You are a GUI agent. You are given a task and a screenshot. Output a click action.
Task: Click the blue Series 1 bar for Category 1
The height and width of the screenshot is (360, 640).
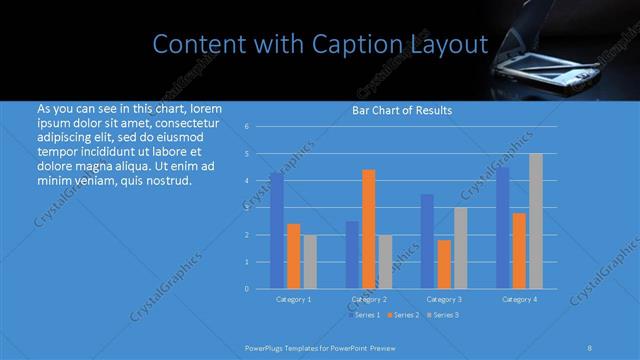(x=276, y=230)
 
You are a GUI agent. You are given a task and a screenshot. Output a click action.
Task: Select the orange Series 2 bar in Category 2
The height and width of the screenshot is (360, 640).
(x=369, y=229)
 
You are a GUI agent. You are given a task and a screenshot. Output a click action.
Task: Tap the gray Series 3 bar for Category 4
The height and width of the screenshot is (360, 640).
(x=536, y=221)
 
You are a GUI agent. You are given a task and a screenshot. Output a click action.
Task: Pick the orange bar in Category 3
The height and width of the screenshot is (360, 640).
(x=445, y=264)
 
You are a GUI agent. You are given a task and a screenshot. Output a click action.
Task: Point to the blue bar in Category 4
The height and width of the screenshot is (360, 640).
(x=503, y=227)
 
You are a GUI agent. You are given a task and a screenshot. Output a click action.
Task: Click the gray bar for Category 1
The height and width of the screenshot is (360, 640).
(x=310, y=261)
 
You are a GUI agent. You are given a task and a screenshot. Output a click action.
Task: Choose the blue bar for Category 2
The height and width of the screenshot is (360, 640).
(x=352, y=254)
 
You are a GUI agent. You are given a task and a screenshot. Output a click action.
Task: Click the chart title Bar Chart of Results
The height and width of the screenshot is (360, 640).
(x=402, y=110)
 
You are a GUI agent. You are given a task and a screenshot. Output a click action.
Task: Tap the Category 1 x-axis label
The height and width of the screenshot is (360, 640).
(x=294, y=299)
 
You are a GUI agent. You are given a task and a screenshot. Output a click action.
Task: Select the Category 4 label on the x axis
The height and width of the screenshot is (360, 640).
(x=519, y=299)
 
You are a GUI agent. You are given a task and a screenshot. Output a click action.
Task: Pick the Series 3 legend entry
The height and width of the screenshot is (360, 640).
(x=444, y=315)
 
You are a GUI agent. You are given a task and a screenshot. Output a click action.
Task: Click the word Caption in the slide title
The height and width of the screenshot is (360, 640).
(x=354, y=44)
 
